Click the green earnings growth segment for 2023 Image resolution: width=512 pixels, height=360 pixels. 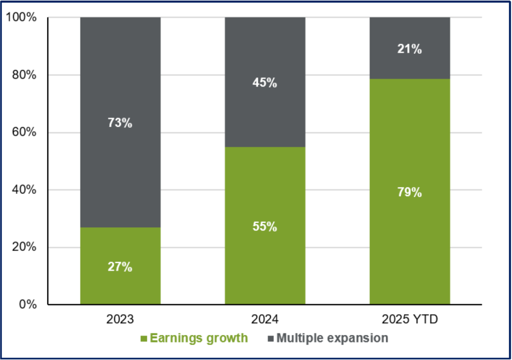click(120, 266)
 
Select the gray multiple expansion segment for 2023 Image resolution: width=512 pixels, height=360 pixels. click(120, 122)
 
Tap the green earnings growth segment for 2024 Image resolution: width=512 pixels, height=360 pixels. click(265, 226)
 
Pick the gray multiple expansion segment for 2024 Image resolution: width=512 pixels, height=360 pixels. click(265, 82)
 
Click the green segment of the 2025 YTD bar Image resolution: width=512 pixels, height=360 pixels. click(410, 192)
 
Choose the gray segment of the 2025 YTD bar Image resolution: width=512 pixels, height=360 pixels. click(410, 48)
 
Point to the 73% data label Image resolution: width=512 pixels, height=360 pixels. click(120, 123)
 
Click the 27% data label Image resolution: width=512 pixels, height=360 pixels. click(120, 267)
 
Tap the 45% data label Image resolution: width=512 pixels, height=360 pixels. click(265, 83)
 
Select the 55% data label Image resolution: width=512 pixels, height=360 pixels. click(265, 227)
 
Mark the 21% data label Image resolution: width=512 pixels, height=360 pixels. click(410, 49)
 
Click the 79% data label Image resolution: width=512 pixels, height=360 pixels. click(410, 192)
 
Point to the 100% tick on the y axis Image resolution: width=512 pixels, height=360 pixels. click(21, 17)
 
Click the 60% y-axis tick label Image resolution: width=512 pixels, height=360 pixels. click(24, 132)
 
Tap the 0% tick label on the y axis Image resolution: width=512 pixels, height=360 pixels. click(28, 305)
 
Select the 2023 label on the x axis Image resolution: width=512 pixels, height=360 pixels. click(120, 319)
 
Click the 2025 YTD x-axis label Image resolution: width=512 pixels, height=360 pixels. click(410, 319)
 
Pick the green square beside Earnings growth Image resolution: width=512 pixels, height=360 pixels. click(144, 339)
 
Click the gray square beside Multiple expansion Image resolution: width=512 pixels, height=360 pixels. click(271, 339)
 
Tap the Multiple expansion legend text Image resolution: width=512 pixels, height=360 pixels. click(332, 338)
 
